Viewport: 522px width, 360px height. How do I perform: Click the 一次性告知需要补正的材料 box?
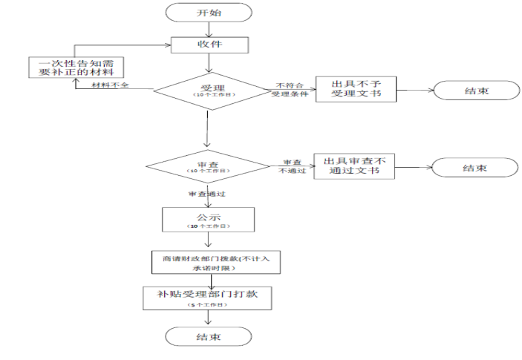pyautogui.click(x=76, y=68)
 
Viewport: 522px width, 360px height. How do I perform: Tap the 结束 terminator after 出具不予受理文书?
pyautogui.click(x=476, y=91)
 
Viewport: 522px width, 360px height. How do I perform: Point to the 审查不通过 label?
pyautogui.click(x=292, y=166)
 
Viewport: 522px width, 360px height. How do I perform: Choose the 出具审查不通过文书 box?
pyautogui.click(x=355, y=166)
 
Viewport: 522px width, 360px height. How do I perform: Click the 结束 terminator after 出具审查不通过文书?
pyautogui.click(x=474, y=168)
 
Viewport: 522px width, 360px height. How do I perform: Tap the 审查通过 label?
pyautogui.click(x=206, y=194)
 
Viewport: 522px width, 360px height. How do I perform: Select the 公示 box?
pyautogui.click(x=208, y=220)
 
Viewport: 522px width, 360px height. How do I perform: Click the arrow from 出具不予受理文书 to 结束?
pyautogui.click(x=413, y=91)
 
